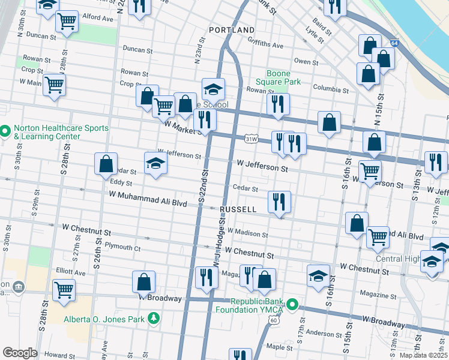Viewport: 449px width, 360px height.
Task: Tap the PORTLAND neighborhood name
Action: click(x=232, y=29)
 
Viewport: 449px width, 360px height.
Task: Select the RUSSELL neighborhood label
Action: click(x=238, y=209)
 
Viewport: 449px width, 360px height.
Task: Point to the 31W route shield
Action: click(x=253, y=139)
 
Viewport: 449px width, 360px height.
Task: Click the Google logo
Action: click(x=20, y=352)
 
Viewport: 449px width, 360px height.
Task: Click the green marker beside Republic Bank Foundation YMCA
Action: click(x=292, y=305)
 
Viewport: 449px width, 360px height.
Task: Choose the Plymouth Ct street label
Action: click(x=122, y=246)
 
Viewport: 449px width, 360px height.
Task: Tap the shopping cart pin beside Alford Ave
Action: click(x=67, y=22)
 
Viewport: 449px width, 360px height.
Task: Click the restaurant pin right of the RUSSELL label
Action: click(x=279, y=202)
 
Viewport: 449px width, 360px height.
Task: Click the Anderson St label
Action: click(x=324, y=334)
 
